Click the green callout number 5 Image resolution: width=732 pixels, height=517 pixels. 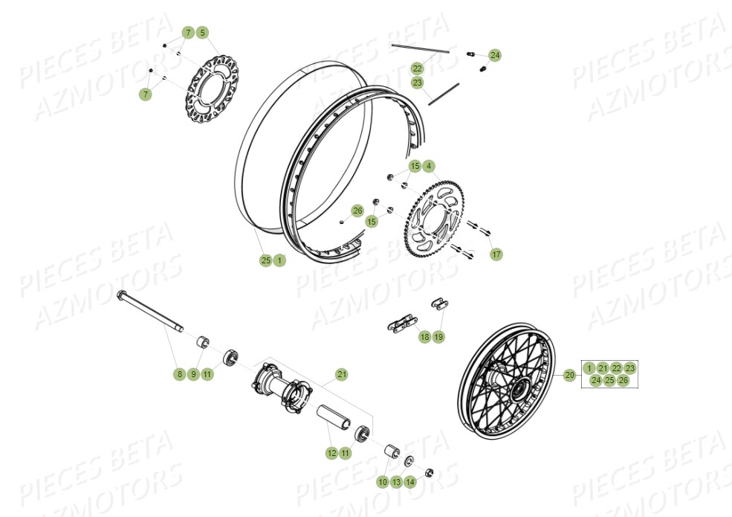pyautogui.click(x=203, y=33)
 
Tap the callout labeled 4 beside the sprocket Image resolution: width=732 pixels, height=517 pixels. pyautogui.click(x=429, y=166)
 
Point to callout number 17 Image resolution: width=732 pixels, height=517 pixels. pyautogui.click(x=496, y=254)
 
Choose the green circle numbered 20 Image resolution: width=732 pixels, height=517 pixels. pyautogui.click(x=570, y=375)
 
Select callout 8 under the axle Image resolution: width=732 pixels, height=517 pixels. pyautogui.click(x=179, y=374)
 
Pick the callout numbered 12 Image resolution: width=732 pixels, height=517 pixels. pyautogui.click(x=331, y=452)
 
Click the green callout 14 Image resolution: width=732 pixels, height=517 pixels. pyautogui.click(x=411, y=482)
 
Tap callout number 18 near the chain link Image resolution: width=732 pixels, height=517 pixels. pyautogui.click(x=424, y=337)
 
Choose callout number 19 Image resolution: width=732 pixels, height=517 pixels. pyautogui.click(x=438, y=337)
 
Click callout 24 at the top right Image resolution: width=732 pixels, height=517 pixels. pyautogui.click(x=495, y=55)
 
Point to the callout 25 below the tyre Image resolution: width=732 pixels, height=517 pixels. pyautogui.click(x=265, y=260)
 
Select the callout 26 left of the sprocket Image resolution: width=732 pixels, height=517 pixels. pyautogui.click(x=357, y=211)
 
